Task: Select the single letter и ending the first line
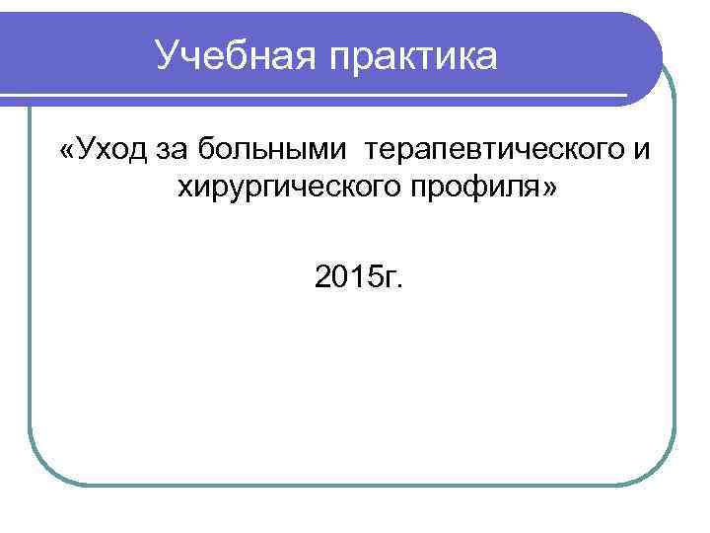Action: click(x=643, y=150)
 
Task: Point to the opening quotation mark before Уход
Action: click(x=66, y=150)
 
